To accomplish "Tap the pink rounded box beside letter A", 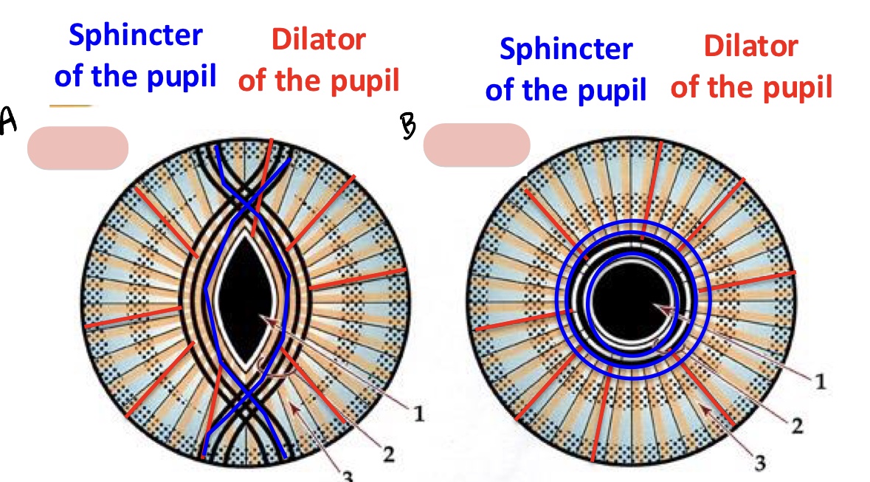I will [x=77, y=148].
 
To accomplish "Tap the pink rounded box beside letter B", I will [x=477, y=145].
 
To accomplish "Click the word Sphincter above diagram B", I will [x=565, y=49].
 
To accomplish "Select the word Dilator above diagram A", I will [x=318, y=40].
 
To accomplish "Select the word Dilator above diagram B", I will [x=750, y=46].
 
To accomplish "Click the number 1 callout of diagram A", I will [x=419, y=414].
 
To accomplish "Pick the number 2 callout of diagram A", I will [x=387, y=453].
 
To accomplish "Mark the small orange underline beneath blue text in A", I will [x=70, y=106].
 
